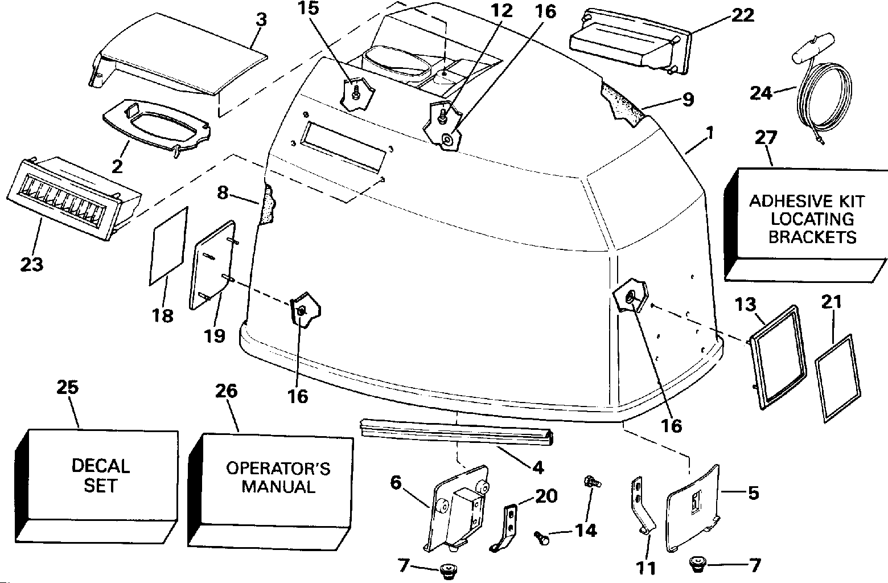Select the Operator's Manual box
pyautogui.click(x=271, y=491)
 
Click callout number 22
pyautogui.click(x=742, y=16)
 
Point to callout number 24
pyautogui.click(x=761, y=93)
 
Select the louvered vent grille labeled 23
pyautogui.click(x=73, y=197)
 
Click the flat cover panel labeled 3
pyautogui.click(x=176, y=54)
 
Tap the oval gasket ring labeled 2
pyautogui.click(x=157, y=127)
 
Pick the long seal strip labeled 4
pyautogui.click(x=456, y=432)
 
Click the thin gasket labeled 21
pyautogui.click(x=838, y=379)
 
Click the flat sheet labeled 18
pyautogui.click(x=168, y=246)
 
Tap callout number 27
pyautogui.click(x=766, y=138)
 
